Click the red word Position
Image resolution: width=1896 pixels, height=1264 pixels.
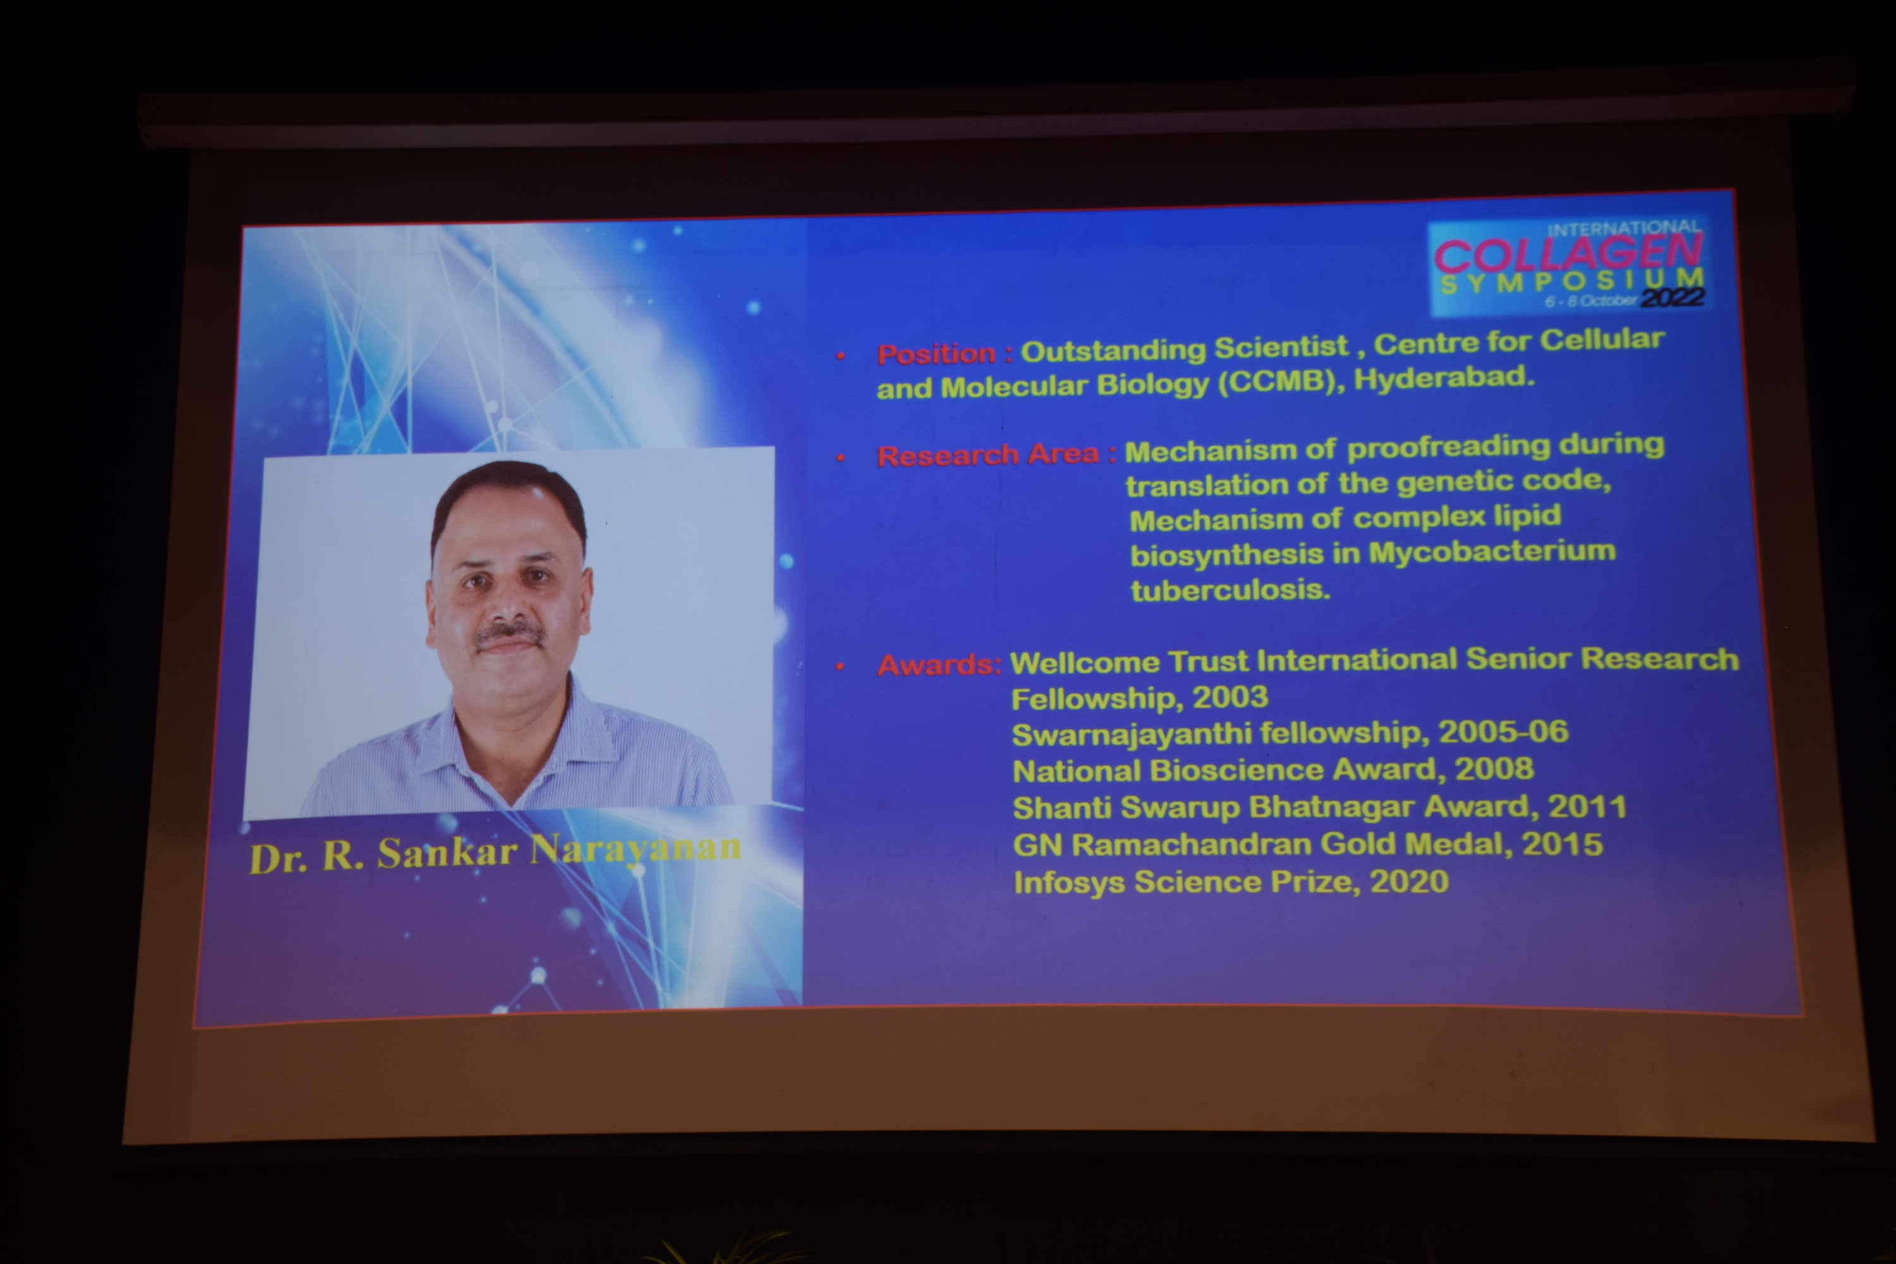click(936, 354)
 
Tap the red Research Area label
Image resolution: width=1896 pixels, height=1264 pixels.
click(987, 456)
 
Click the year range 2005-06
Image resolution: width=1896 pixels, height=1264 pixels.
click(1504, 732)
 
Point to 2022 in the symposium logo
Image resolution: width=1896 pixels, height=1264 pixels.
click(1673, 298)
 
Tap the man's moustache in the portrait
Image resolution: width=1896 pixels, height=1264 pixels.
click(509, 635)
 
